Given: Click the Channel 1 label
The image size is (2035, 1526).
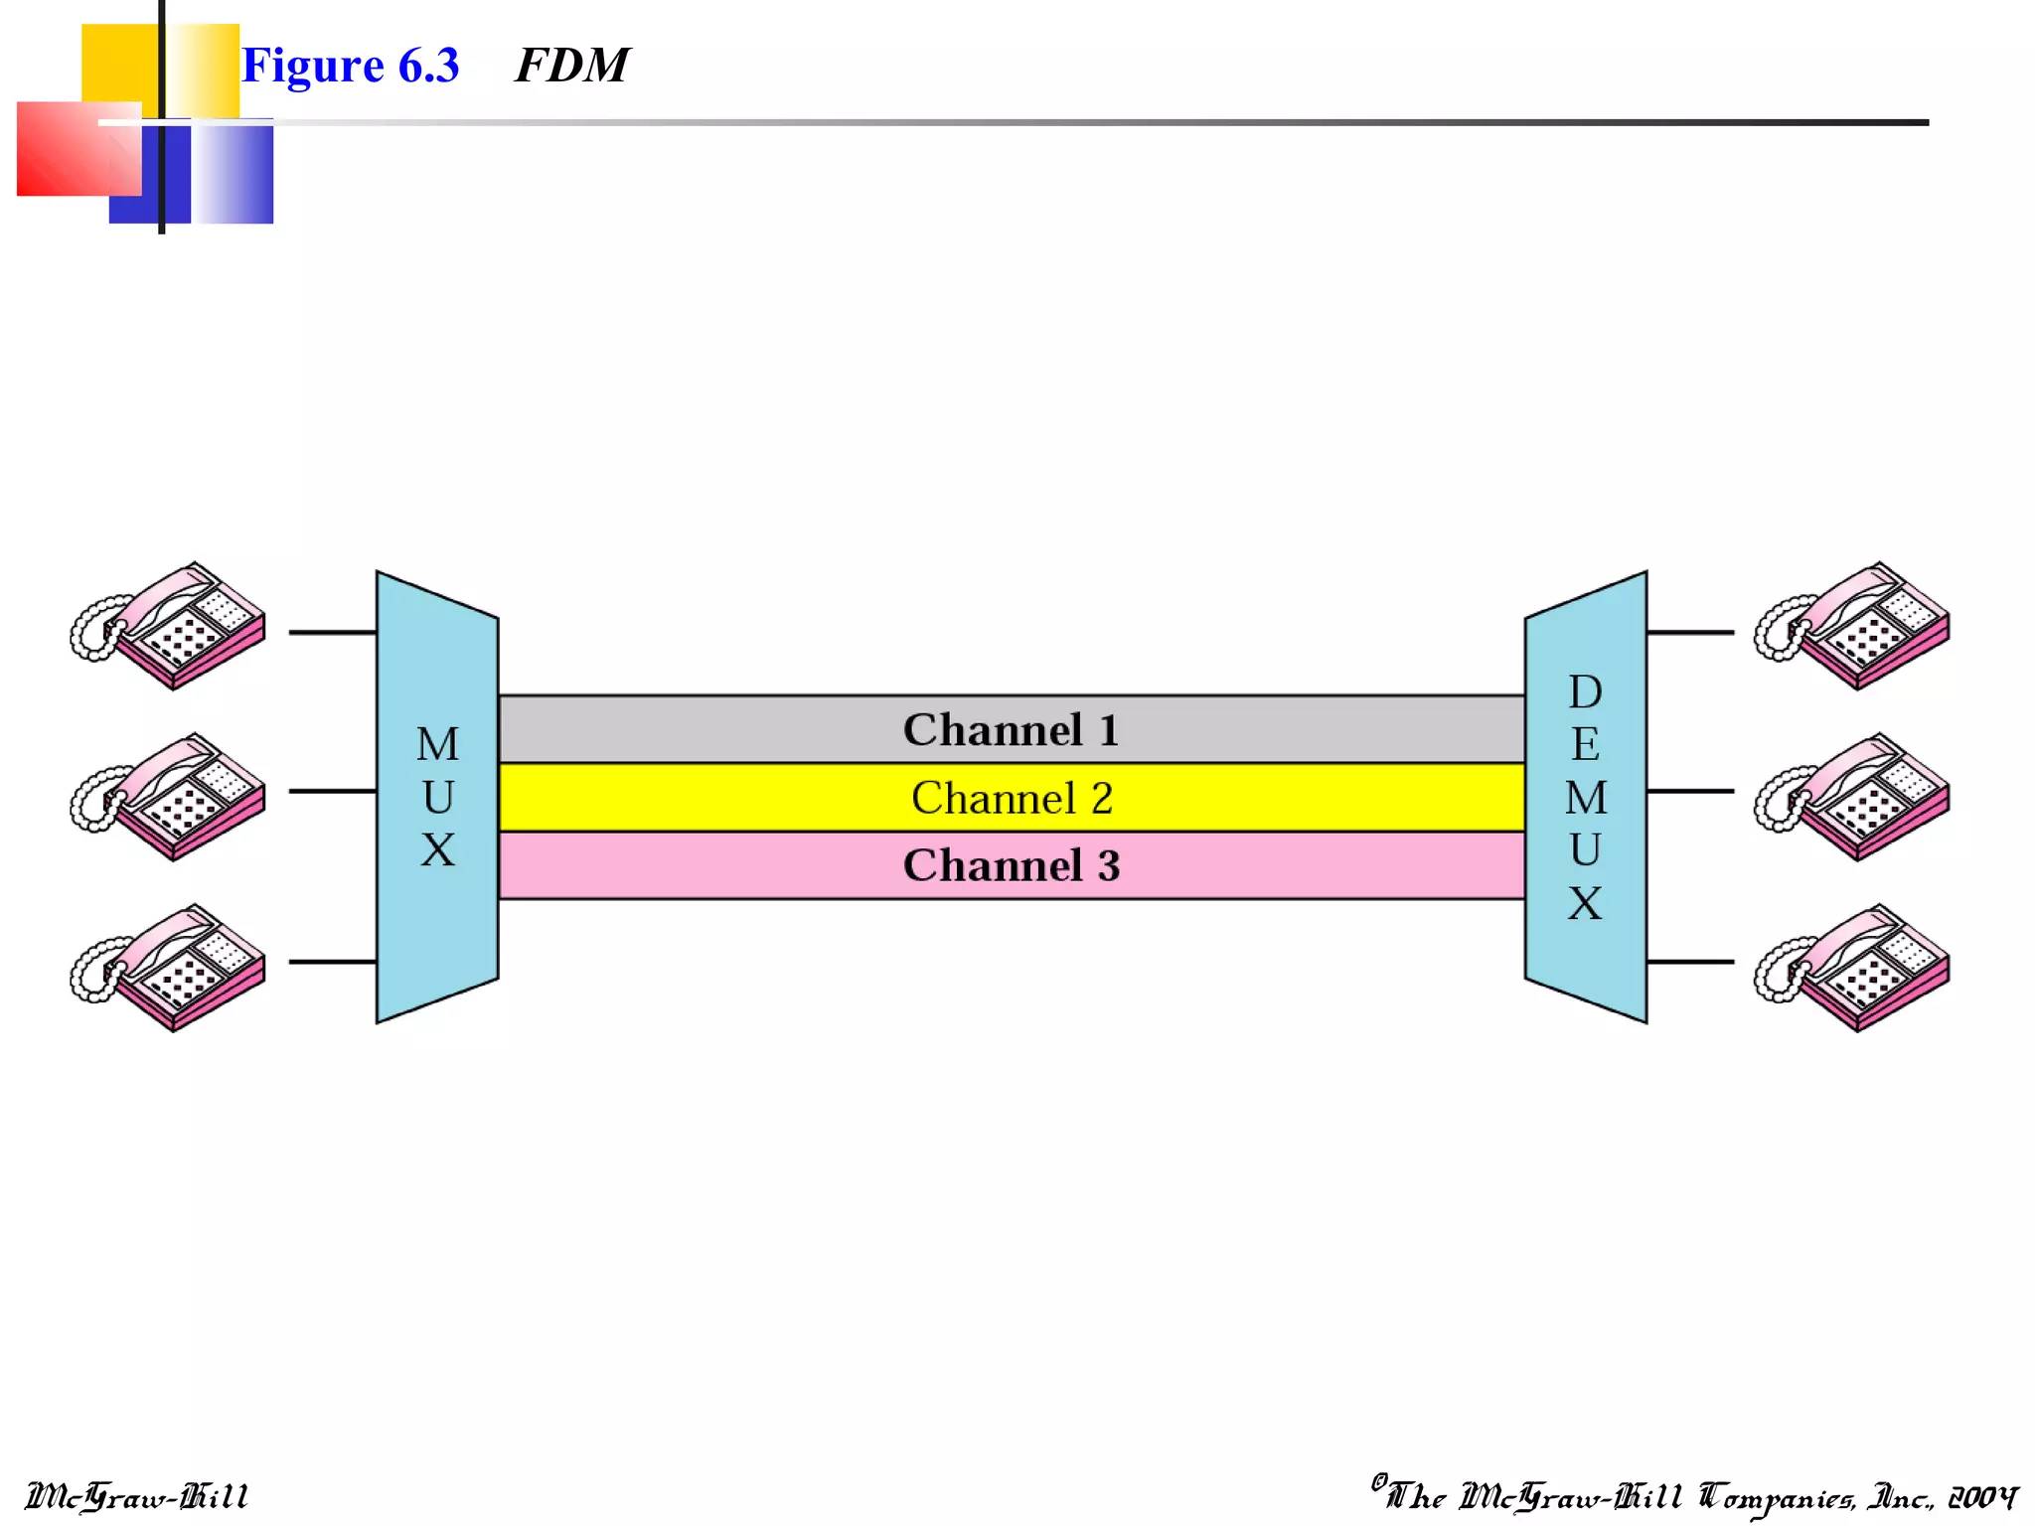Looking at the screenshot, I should [x=1011, y=730].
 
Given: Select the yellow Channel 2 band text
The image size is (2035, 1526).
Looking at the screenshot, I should [x=1011, y=798].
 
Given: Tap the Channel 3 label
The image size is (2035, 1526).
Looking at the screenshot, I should [x=1011, y=865].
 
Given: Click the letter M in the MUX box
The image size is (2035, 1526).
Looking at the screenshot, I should [x=437, y=744].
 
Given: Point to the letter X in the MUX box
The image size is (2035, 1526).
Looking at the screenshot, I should [x=437, y=850].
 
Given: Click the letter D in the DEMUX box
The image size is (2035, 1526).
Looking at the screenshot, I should [x=1585, y=691].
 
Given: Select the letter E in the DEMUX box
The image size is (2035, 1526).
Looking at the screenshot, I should [x=1585, y=744].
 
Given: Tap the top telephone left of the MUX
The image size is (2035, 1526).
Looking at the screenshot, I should [x=169, y=627].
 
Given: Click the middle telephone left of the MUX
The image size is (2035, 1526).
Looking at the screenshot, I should [x=169, y=798].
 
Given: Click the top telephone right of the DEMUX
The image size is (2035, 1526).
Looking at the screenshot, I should [x=1853, y=627].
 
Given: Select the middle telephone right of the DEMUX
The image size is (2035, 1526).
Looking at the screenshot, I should [x=1853, y=798].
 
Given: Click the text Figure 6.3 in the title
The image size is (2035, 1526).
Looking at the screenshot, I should [x=350, y=67].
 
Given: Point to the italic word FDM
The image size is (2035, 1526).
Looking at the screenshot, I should [x=571, y=67].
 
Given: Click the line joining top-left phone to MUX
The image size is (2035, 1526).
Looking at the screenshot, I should [x=332, y=632].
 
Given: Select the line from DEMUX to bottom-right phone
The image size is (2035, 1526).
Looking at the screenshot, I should [x=1689, y=962].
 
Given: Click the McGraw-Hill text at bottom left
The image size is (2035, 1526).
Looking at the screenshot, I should [x=137, y=1496].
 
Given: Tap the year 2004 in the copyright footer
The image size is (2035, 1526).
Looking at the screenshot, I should [x=1982, y=1496].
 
